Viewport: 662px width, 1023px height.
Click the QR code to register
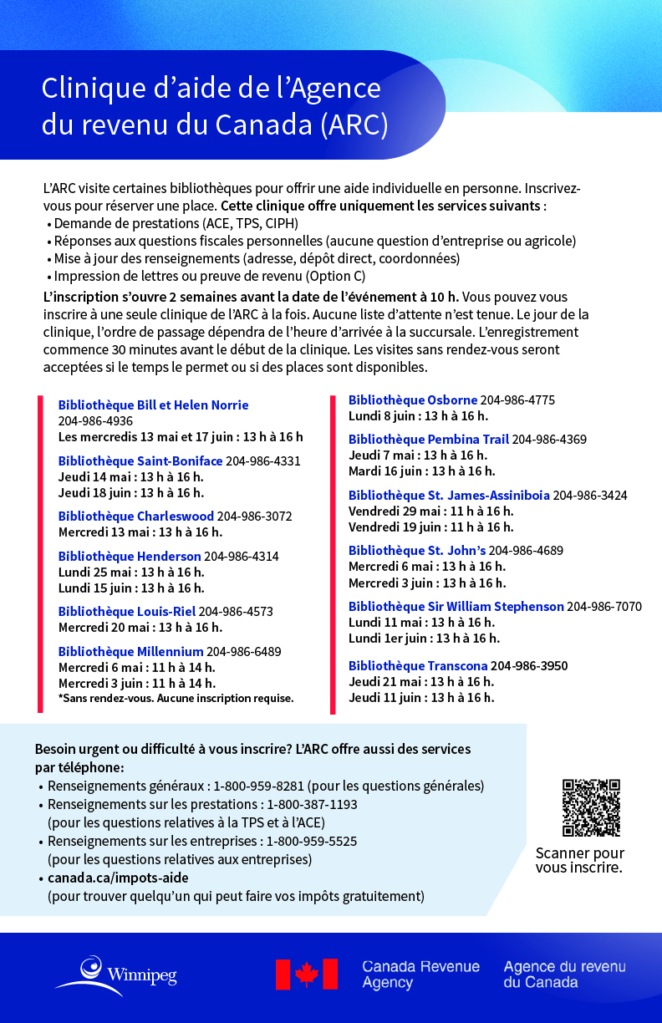591,808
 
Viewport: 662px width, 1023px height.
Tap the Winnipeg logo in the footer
116,974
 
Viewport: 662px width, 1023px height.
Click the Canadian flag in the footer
306,975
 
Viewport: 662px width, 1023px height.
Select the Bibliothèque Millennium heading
130,651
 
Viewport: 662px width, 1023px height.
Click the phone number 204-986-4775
517,400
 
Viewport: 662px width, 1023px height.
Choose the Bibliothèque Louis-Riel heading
126,611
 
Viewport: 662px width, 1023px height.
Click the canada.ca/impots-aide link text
118,878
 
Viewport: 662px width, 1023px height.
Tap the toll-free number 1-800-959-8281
260,786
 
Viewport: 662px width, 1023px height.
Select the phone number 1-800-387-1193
312,804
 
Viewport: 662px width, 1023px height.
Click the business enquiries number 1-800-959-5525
312,841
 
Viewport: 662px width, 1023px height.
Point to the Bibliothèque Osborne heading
413,400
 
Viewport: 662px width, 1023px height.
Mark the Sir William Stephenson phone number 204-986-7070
604,606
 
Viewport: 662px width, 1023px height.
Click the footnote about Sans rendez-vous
176,698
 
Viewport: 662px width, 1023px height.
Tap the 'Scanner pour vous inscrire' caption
580,860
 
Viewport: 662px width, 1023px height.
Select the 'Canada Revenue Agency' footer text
420,975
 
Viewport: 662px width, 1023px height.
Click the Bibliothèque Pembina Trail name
428,439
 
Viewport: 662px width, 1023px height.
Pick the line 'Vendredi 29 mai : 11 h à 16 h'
430,511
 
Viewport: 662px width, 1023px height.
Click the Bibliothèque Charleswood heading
136,516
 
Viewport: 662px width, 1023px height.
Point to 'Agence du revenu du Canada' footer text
564,975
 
